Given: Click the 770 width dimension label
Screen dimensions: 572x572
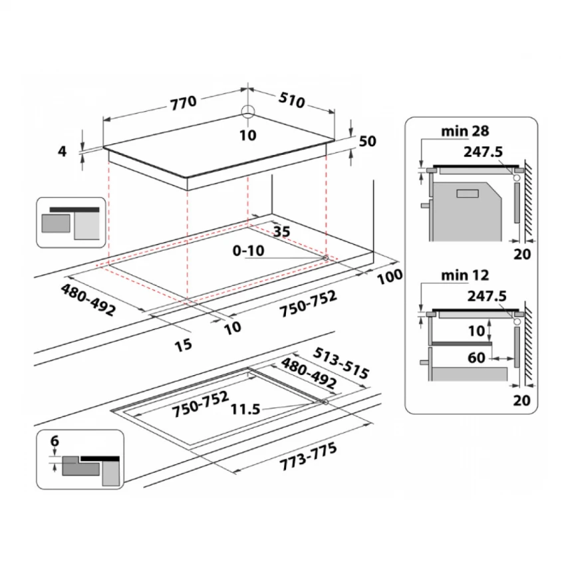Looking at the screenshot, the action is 184,102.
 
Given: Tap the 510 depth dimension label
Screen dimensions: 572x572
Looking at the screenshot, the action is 291,100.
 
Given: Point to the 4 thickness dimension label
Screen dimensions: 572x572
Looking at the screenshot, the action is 63,151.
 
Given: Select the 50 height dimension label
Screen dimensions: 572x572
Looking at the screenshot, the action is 367,141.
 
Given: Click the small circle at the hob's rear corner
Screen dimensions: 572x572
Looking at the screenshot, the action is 248,111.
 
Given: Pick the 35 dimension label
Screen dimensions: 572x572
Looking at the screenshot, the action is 281,231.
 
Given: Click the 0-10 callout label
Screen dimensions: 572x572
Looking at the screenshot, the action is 249,251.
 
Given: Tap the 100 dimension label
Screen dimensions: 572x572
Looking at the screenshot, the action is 390,277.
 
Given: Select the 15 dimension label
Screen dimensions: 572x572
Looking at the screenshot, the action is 183,345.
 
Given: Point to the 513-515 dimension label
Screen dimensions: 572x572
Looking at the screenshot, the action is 341,363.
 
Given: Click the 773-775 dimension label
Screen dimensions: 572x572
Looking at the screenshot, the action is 308,457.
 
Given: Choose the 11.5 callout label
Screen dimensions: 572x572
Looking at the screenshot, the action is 245,409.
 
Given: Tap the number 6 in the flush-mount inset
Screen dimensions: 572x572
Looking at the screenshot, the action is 55,441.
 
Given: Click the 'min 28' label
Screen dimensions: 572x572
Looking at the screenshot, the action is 465,131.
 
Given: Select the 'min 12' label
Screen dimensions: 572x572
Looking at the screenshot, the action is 465,275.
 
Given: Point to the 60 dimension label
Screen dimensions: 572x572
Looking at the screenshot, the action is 476,358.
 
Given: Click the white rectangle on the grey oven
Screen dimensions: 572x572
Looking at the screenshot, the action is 468,194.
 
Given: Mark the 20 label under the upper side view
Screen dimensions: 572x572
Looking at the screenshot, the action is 522,254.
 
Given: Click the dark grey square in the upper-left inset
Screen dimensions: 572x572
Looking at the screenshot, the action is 56,223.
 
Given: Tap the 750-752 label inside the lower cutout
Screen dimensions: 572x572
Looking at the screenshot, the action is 200,404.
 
